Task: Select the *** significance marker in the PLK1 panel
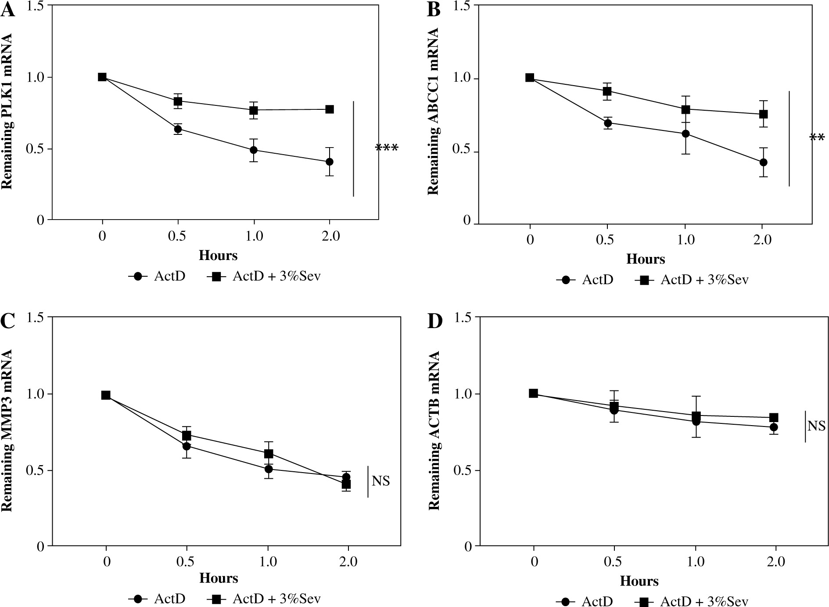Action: (x=387, y=148)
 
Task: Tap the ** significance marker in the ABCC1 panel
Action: (x=817, y=138)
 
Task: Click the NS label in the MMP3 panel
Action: (x=380, y=481)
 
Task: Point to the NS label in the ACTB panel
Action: (x=816, y=426)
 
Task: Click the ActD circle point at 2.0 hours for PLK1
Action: (x=329, y=162)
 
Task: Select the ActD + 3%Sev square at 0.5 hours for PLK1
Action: (x=178, y=101)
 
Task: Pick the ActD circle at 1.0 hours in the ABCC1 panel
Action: (x=685, y=134)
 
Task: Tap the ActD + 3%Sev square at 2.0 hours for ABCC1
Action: (x=763, y=114)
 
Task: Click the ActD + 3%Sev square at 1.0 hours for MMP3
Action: (x=269, y=453)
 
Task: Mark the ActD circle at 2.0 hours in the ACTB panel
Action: (x=774, y=427)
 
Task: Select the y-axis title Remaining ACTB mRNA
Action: (x=434, y=430)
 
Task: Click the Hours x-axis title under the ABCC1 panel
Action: (x=645, y=259)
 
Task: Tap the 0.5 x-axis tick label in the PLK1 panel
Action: (x=177, y=236)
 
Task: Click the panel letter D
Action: (x=434, y=322)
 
